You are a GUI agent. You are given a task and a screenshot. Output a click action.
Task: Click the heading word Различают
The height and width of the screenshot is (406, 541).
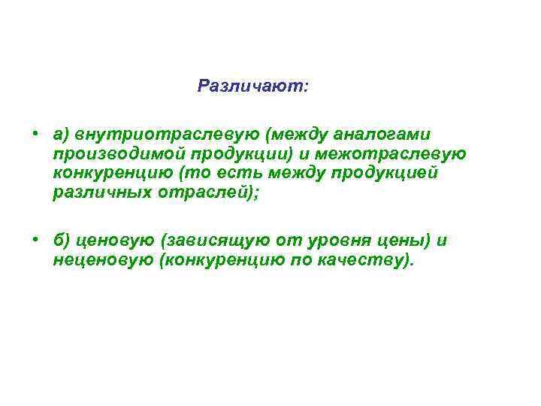pos(251,86)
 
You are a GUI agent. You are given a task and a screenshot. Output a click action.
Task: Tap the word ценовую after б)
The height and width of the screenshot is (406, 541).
pos(113,241)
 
